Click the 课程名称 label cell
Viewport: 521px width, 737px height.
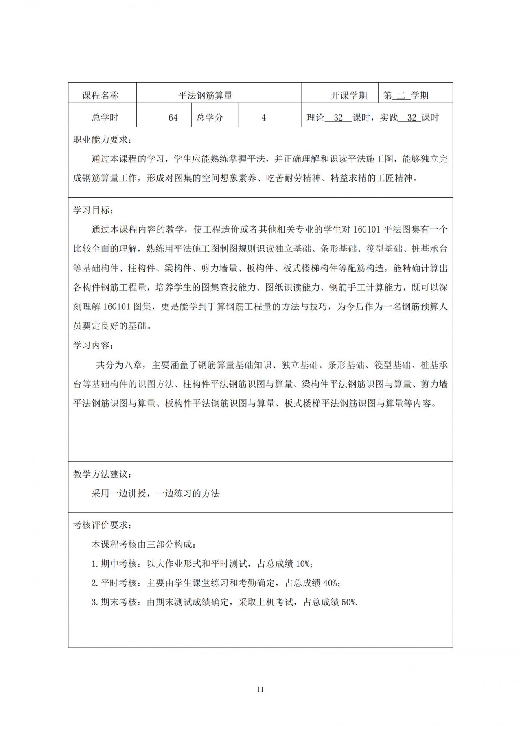tap(101, 96)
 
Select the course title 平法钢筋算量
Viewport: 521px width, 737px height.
tap(206, 96)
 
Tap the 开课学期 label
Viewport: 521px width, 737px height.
tap(349, 96)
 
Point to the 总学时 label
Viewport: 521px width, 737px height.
tap(105, 118)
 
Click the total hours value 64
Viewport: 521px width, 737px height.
tap(173, 118)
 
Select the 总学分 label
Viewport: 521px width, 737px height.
tap(210, 118)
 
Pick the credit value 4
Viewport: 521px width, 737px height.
tap(264, 118)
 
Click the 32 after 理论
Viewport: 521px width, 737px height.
tap(338, 118)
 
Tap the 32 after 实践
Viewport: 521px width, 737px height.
tap(412, 118)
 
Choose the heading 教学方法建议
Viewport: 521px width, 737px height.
tap(102, 474)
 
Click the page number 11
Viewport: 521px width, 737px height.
tap(260, 689)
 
